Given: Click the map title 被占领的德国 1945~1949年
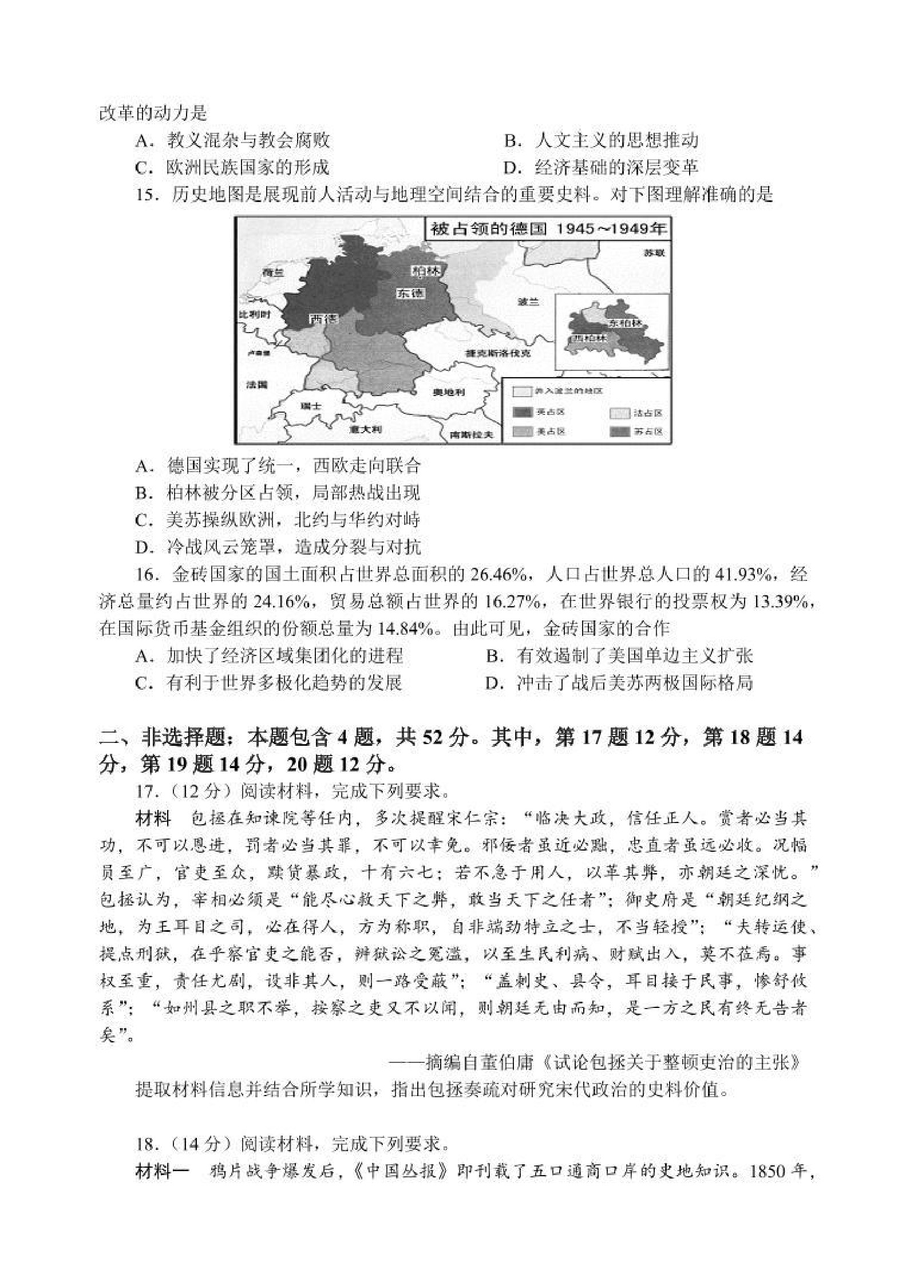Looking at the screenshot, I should coord(548,230).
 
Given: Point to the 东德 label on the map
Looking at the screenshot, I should coord(411,293).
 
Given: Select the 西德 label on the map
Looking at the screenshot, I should coord(323,319).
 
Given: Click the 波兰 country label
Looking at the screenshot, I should coord(528,302).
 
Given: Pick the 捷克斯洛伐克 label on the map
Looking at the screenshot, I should coord(498,353).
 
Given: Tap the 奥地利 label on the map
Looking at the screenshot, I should coord(449,393).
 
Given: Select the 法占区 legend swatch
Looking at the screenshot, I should coord(619,413).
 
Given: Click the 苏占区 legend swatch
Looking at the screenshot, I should coord(619,431).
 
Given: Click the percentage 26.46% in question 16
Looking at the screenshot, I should coord(504,574).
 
